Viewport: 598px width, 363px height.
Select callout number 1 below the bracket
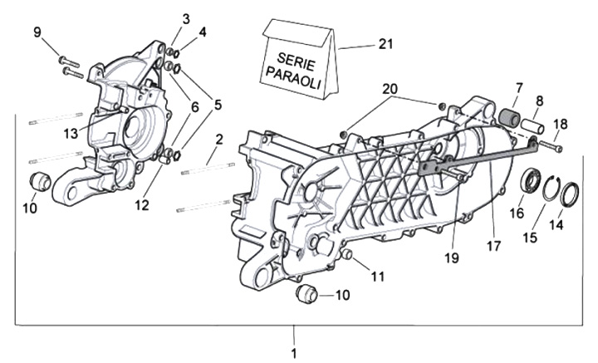pos(294,353)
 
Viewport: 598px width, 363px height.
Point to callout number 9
pos(37,32)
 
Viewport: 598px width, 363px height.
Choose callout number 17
pos(494,245)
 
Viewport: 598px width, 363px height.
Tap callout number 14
pos(556,224)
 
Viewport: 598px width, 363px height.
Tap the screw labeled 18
pos(550,147)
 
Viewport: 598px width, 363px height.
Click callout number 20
pos(390,89)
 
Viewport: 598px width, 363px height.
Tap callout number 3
pos(186,18)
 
